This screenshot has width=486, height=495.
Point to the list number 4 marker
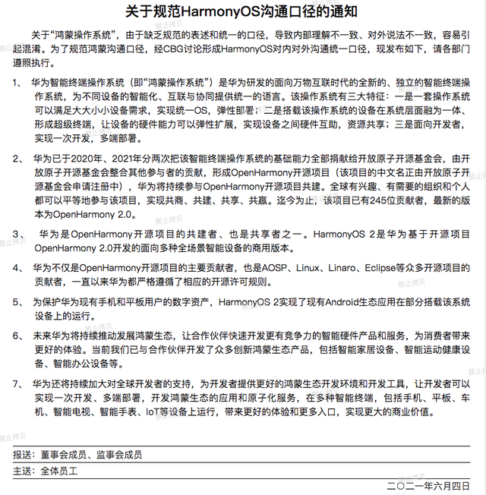pos(17,268)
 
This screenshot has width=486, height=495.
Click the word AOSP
pos(276,268)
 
